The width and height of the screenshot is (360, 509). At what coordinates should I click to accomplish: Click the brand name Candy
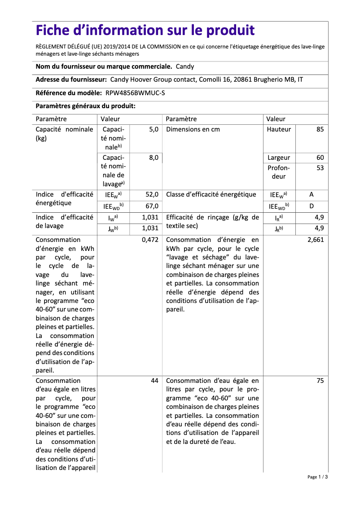tap(185, 66)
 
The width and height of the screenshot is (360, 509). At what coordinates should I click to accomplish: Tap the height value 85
tap(320, 129)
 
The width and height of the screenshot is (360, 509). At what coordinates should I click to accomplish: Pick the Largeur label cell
tap(279, 158)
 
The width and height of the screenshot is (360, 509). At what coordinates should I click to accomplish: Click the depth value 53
tap(320, 168)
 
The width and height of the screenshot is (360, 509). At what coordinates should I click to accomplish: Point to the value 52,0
tap(152, 194)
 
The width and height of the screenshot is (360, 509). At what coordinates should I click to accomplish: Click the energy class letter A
tap(312, 194)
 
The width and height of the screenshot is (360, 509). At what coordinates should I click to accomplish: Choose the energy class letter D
tap(312, 206)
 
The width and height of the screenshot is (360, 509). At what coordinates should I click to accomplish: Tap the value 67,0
tap(152, 206)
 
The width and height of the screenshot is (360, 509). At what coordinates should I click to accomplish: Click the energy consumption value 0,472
tap(150, 240)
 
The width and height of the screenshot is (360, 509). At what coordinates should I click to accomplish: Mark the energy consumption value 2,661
tap(316, 240)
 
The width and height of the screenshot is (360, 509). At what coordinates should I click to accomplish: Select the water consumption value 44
tap(154, 381)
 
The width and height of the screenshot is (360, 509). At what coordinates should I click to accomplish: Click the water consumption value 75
tap(320, 381)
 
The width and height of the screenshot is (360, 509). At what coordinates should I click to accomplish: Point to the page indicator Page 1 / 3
tap(317, 477)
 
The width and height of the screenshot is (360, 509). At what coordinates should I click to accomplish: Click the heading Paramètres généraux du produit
tap(85, 106)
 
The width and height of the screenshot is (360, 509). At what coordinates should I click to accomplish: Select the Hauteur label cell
tap(279, 129)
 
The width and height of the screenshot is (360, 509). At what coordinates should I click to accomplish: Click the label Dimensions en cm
tap(193, 129)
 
